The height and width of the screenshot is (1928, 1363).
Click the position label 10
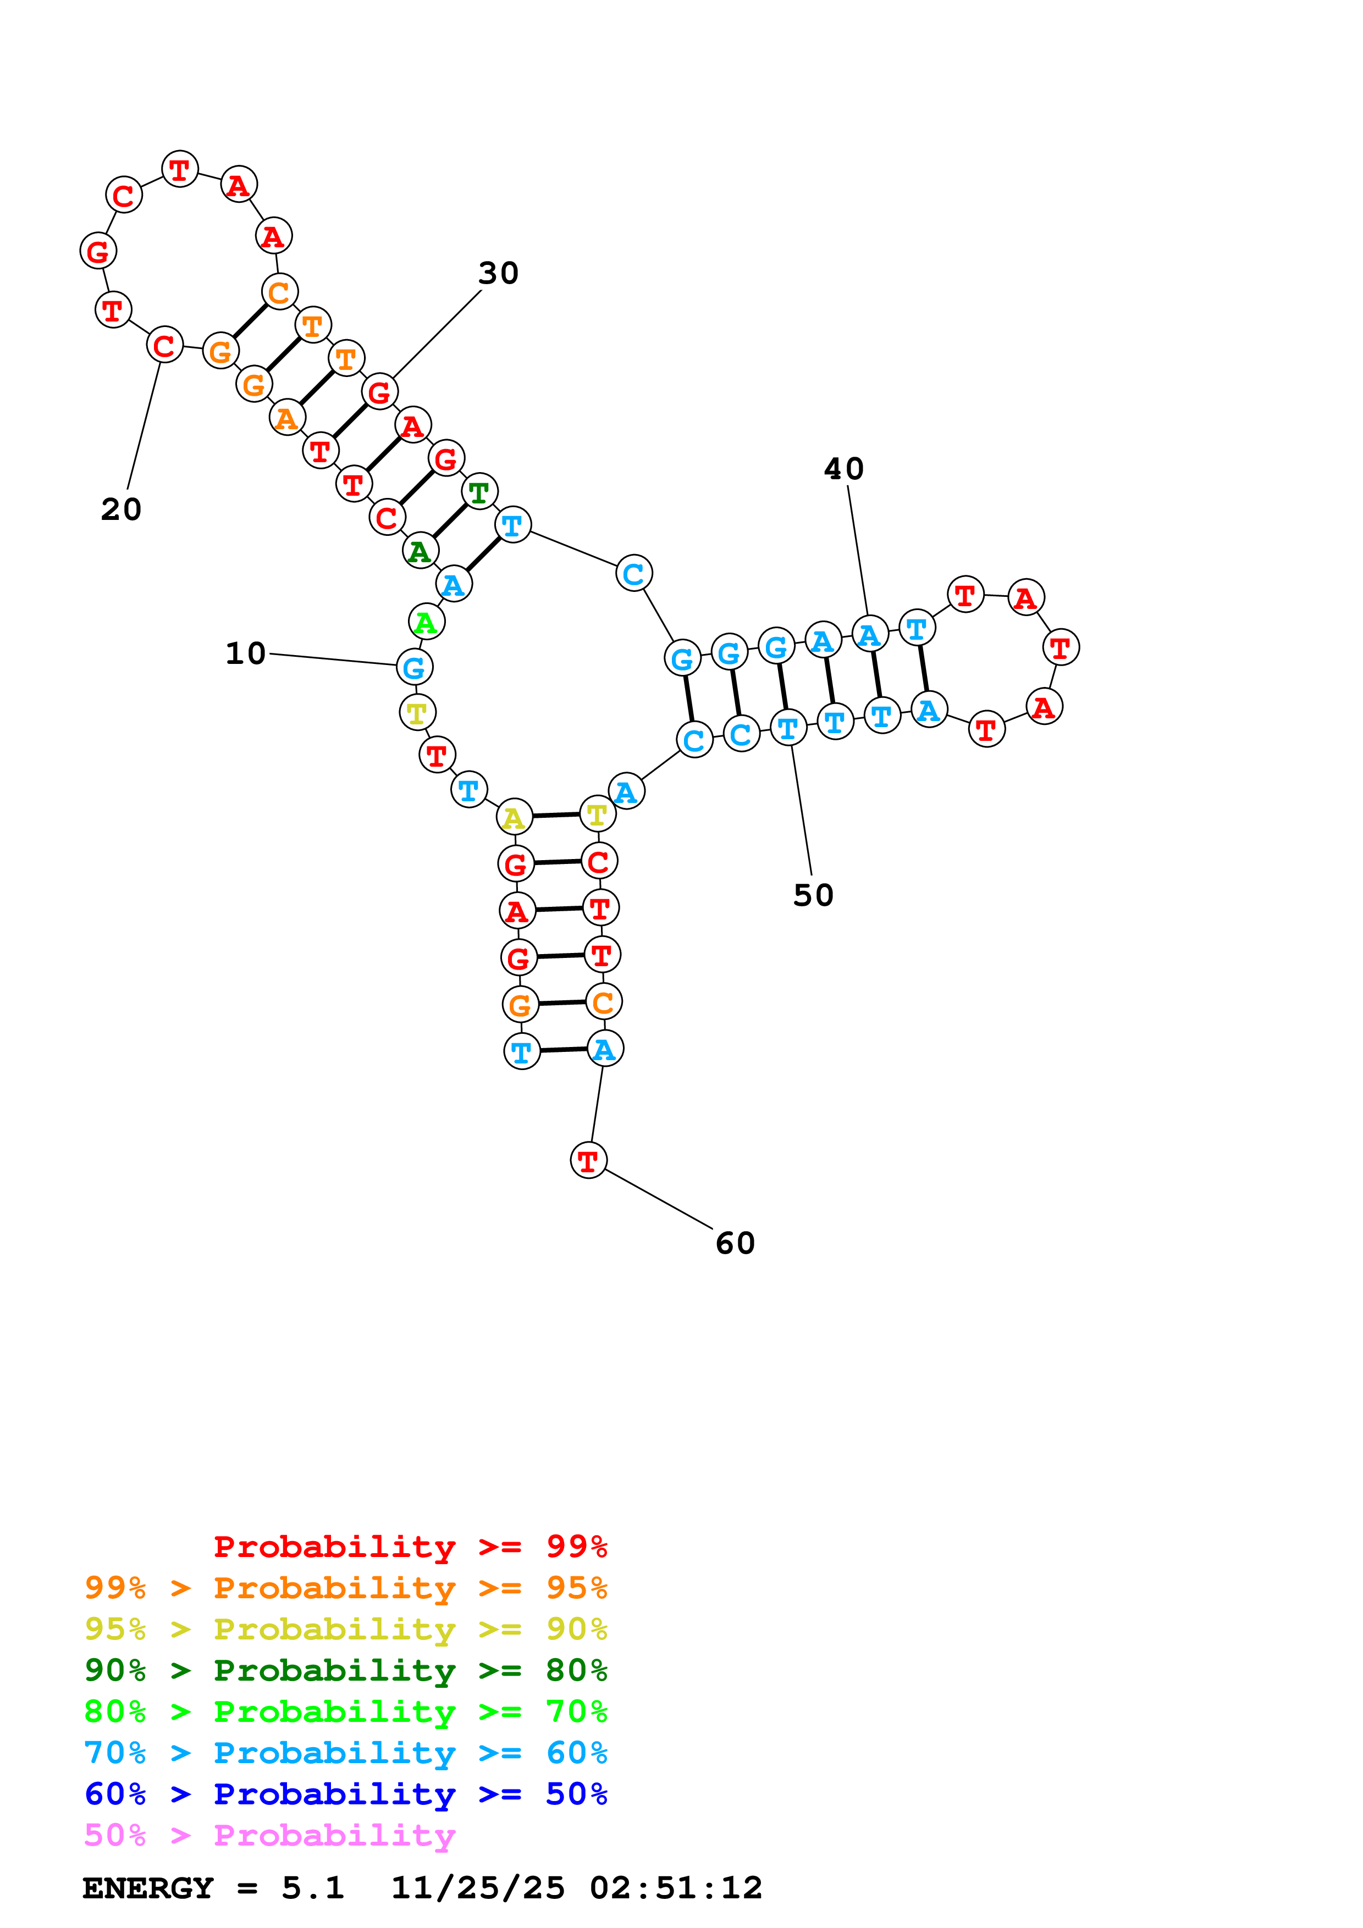click(245, 653)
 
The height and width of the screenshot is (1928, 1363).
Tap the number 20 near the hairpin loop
click(121, 509)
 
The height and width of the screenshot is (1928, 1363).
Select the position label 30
click(498, 273)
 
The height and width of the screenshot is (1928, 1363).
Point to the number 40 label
click(843, 469)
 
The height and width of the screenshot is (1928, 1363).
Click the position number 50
click(813, 895)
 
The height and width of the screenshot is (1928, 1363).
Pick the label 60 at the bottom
click(735, 1243)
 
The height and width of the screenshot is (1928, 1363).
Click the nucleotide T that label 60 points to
click(588, 1161)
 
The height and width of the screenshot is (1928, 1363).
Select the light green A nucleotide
click(426, 622)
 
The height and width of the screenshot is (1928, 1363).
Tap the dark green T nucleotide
click(479, 491)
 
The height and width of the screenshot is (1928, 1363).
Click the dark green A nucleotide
click(420, 551)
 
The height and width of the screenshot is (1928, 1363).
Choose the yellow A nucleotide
click(514, 817)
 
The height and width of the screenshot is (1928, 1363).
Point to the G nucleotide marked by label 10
click(414, 668)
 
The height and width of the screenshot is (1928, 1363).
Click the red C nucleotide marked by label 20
click(164, 344)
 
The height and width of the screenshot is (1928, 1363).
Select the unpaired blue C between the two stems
click(633, 574)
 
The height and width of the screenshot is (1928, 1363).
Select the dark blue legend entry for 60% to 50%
click(345, 1794)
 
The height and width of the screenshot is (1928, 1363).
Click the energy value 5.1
click(312, 1888)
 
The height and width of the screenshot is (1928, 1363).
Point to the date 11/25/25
click(477, 1888)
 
